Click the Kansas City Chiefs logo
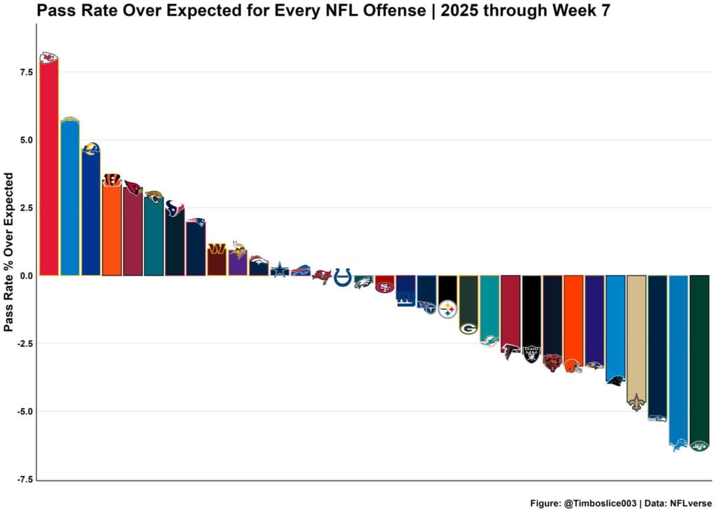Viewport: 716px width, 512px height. point(48,58)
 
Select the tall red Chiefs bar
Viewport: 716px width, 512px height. point(48,168)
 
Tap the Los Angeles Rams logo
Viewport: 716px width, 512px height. point(91,149)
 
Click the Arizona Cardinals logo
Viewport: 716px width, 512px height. point(133,188)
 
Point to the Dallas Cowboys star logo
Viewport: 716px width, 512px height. point(280,269)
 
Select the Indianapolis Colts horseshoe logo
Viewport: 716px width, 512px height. point(343,277)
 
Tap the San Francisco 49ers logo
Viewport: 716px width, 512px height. point(385,286)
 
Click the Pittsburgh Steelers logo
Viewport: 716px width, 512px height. point(447,308)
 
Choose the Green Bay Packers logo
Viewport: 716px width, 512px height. point(468,328)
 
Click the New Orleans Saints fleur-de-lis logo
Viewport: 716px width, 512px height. point(636,401)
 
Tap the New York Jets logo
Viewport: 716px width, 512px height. point(699,446)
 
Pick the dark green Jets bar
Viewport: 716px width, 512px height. point(699,357)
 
